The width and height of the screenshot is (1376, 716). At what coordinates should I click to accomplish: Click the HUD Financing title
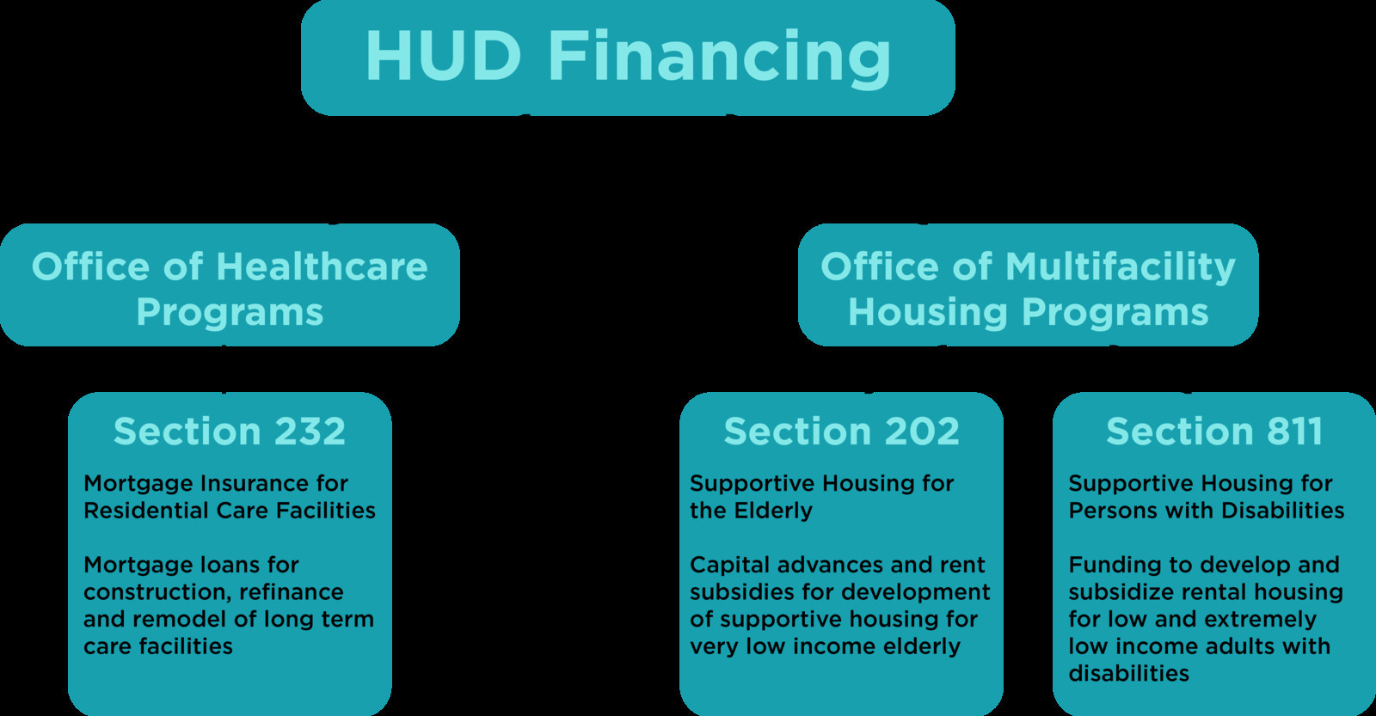(628, 57)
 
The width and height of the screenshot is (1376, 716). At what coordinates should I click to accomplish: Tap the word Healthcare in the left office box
(322, 266)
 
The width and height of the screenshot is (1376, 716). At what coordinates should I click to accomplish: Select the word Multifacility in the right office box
(1121, 267)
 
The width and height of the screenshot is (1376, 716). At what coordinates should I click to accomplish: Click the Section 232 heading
(229, 431)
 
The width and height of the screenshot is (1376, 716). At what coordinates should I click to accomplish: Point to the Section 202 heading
(842, 431)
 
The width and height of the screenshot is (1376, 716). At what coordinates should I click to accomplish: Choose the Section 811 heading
(1214, 431)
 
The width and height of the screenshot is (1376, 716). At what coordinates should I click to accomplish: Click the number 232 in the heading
(310, 431)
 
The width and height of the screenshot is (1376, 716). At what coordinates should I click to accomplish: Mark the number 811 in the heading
(1294, 431)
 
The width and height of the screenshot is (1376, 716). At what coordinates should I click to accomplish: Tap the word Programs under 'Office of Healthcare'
(230, 313)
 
